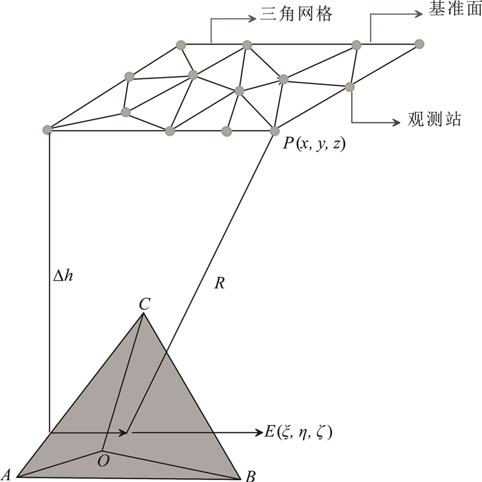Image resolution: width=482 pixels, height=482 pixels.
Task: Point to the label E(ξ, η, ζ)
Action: [x=300, y=433]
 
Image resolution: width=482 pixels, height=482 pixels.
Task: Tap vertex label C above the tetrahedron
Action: [x=145, y=303]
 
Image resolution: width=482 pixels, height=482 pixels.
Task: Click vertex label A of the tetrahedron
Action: [x=7, y=474]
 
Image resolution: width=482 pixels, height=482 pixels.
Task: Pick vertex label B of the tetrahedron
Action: [x=251, y=474]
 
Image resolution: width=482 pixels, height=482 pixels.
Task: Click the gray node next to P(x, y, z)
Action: [x=275, y=131]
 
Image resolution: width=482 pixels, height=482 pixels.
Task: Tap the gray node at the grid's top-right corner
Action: [x=419, y=44]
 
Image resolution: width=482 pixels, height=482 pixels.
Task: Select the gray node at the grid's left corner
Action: [x=48, y=129]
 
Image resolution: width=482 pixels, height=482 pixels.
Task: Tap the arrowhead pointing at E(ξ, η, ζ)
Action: [x=259, y=432]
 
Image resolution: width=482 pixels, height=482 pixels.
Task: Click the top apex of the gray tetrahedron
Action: [x=143, y=314]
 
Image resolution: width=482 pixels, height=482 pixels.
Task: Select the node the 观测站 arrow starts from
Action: [x=350, y=86]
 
